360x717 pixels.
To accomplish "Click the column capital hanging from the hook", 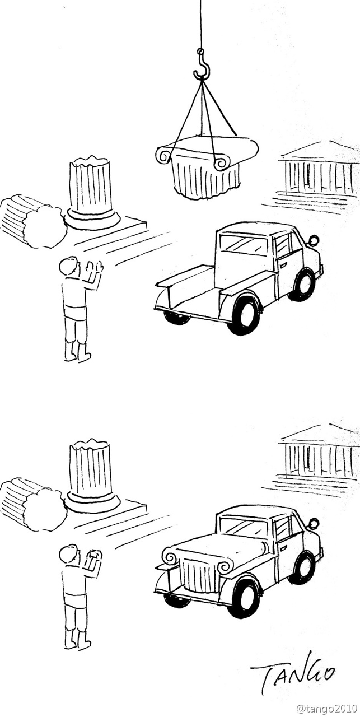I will click(206, 168).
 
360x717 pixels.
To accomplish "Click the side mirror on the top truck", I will click(314, 241).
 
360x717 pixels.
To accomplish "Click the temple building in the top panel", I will click(317, 171).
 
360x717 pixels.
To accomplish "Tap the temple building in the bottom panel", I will click(317, 457).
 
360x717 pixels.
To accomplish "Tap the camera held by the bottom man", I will click(93, 556).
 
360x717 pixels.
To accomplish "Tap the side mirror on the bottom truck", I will click(314, 524).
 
